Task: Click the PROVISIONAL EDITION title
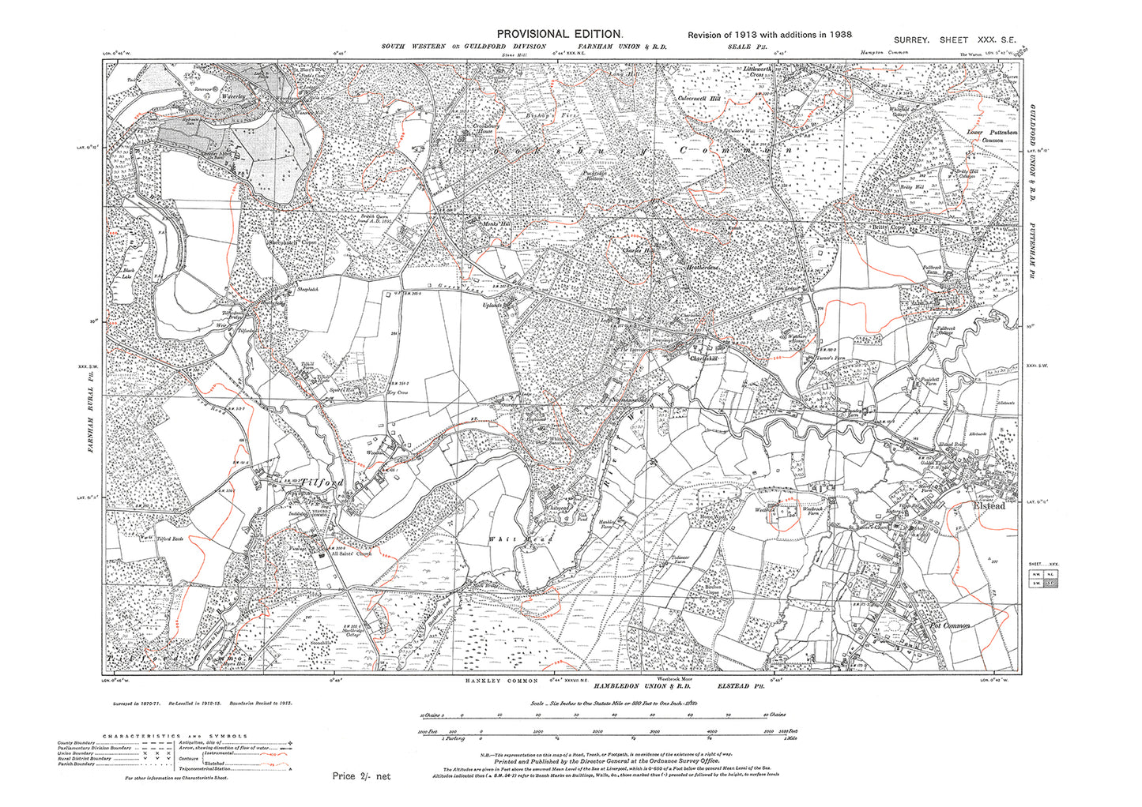[560, 34]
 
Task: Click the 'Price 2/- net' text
[361, 776]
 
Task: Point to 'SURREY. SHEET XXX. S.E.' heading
[959, 39]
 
